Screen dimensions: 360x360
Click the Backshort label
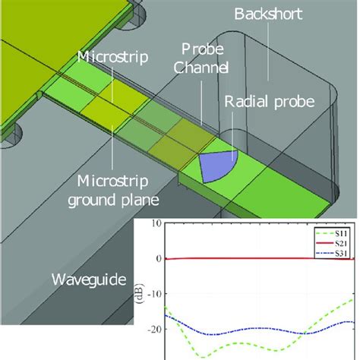(x=268, y=14)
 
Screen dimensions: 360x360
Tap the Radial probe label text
(x=270, y=102)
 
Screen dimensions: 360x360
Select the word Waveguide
(x=89, y=279)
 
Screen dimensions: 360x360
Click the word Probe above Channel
(x=203, y=49)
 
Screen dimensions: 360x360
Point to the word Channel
(x=201, y=68)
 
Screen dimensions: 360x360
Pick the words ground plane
(x=113, y=201)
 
